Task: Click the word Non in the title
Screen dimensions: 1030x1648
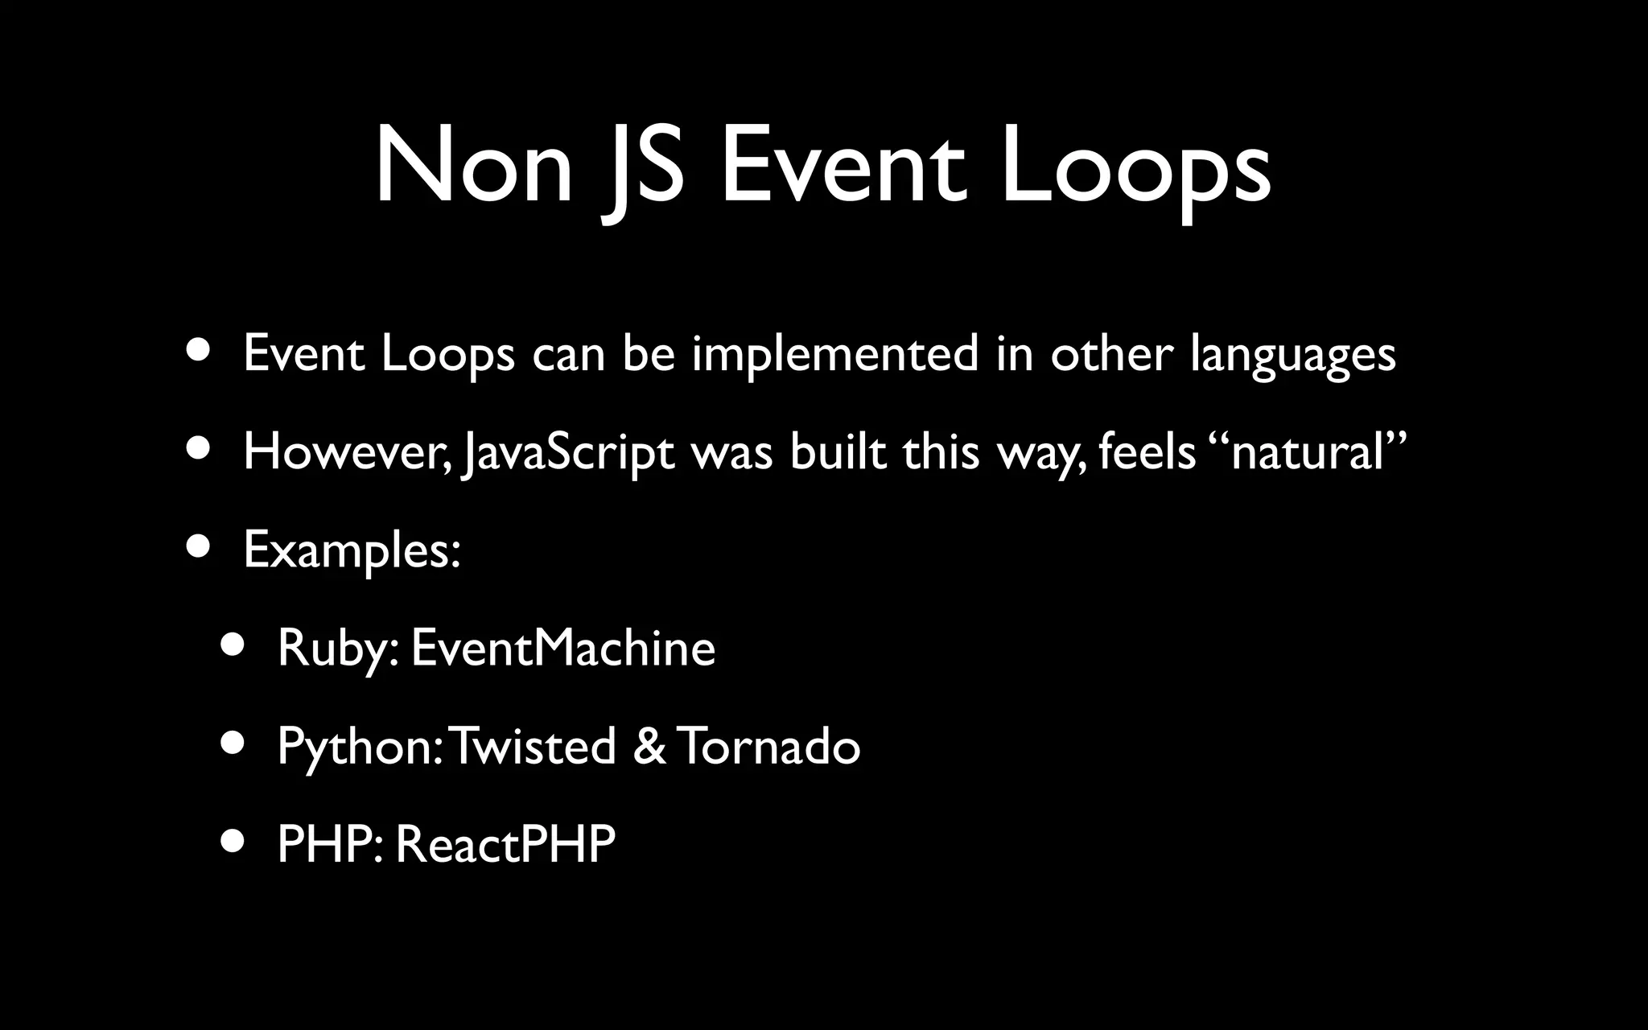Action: coord(473,167)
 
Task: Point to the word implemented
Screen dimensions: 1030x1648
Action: coord(834,353)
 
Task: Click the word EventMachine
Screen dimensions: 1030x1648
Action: coord(562,648)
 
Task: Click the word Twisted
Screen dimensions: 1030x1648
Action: coord(534,746)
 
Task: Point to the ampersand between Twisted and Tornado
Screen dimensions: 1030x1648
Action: coord(649,746)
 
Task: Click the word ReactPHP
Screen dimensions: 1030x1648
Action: coord(505,844)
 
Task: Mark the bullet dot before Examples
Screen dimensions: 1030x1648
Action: coord(198,547)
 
